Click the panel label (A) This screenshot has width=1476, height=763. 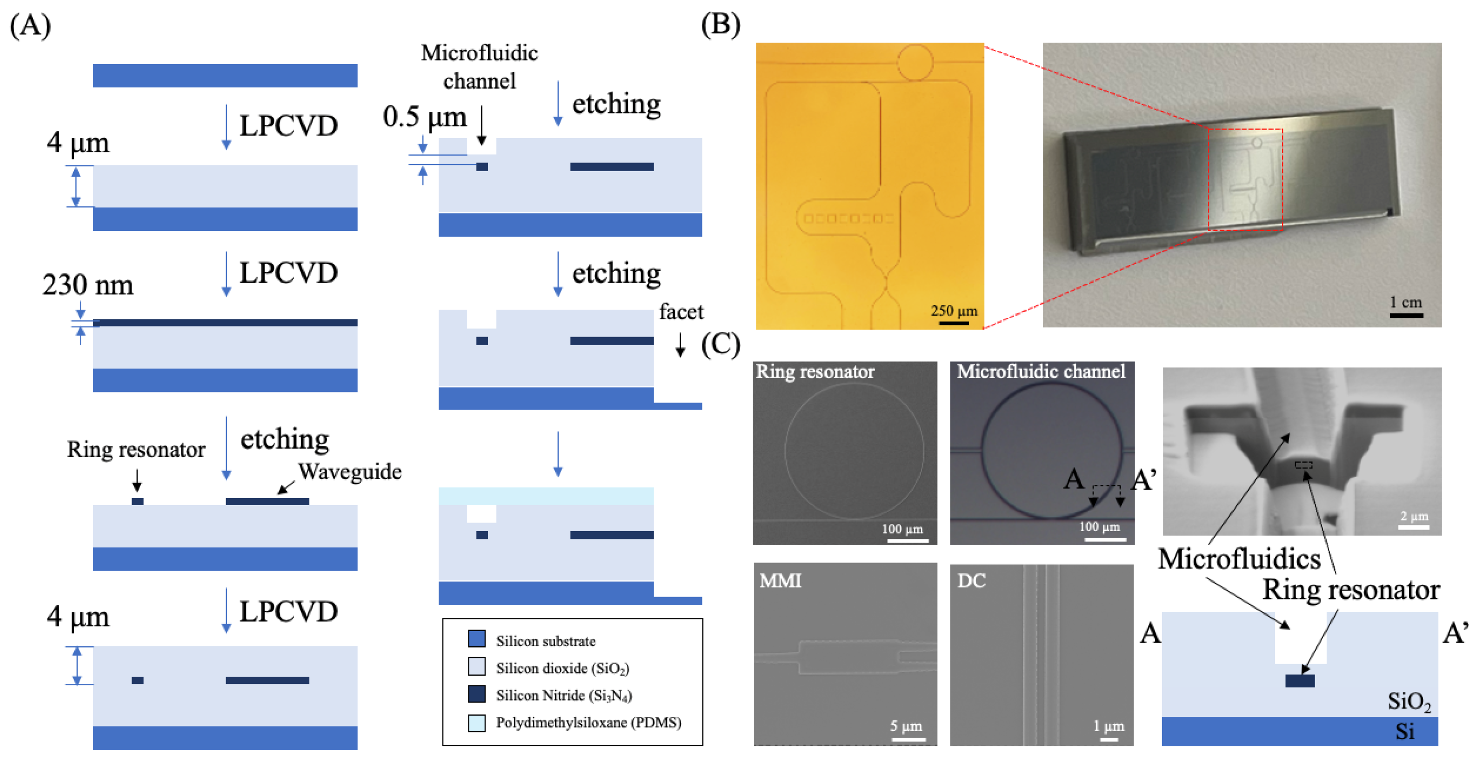point(30,26)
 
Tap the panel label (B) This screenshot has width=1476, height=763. point(720,25)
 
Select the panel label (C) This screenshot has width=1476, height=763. point(720,345)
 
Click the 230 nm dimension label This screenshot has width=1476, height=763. point(88,285)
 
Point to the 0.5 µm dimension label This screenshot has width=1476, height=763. point(425,117)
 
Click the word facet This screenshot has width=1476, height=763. point(681,312)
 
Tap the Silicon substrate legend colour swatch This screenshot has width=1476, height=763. point(477,639)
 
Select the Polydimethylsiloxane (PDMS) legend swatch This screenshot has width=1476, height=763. point(477,722)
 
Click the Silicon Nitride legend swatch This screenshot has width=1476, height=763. point(477,694)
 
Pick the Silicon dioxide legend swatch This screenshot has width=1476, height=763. point(477,667)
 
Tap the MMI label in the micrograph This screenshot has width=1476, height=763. point(780,581)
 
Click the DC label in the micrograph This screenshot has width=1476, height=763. point(971,581)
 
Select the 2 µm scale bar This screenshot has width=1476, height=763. point(1414,527)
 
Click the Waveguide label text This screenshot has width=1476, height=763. point(349,472)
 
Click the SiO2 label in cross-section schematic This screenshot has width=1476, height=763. point(1408,702)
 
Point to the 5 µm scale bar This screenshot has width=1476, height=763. point(908,739)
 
